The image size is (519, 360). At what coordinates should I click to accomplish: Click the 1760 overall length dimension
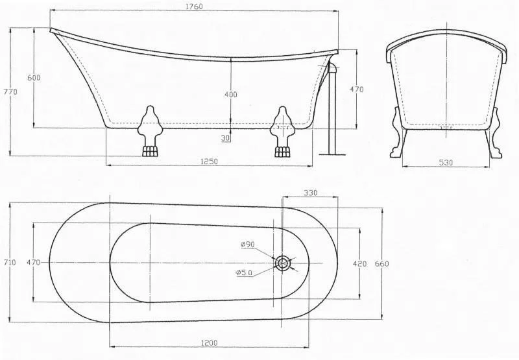(194, 6)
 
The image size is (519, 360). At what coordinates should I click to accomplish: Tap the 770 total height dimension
(10, 91)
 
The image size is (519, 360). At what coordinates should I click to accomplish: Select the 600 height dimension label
(34, 77)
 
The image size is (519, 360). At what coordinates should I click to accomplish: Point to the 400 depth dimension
(231, 94)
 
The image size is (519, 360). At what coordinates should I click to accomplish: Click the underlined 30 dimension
(225, 138)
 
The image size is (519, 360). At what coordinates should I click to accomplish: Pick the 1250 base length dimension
(209, 162)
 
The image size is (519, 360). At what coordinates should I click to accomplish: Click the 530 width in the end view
(446, 162)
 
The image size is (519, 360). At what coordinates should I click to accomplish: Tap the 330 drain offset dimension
(311, 193)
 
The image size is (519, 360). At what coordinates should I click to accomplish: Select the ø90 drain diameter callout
(248, 245)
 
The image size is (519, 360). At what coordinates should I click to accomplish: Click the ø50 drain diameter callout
(245, 272)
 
